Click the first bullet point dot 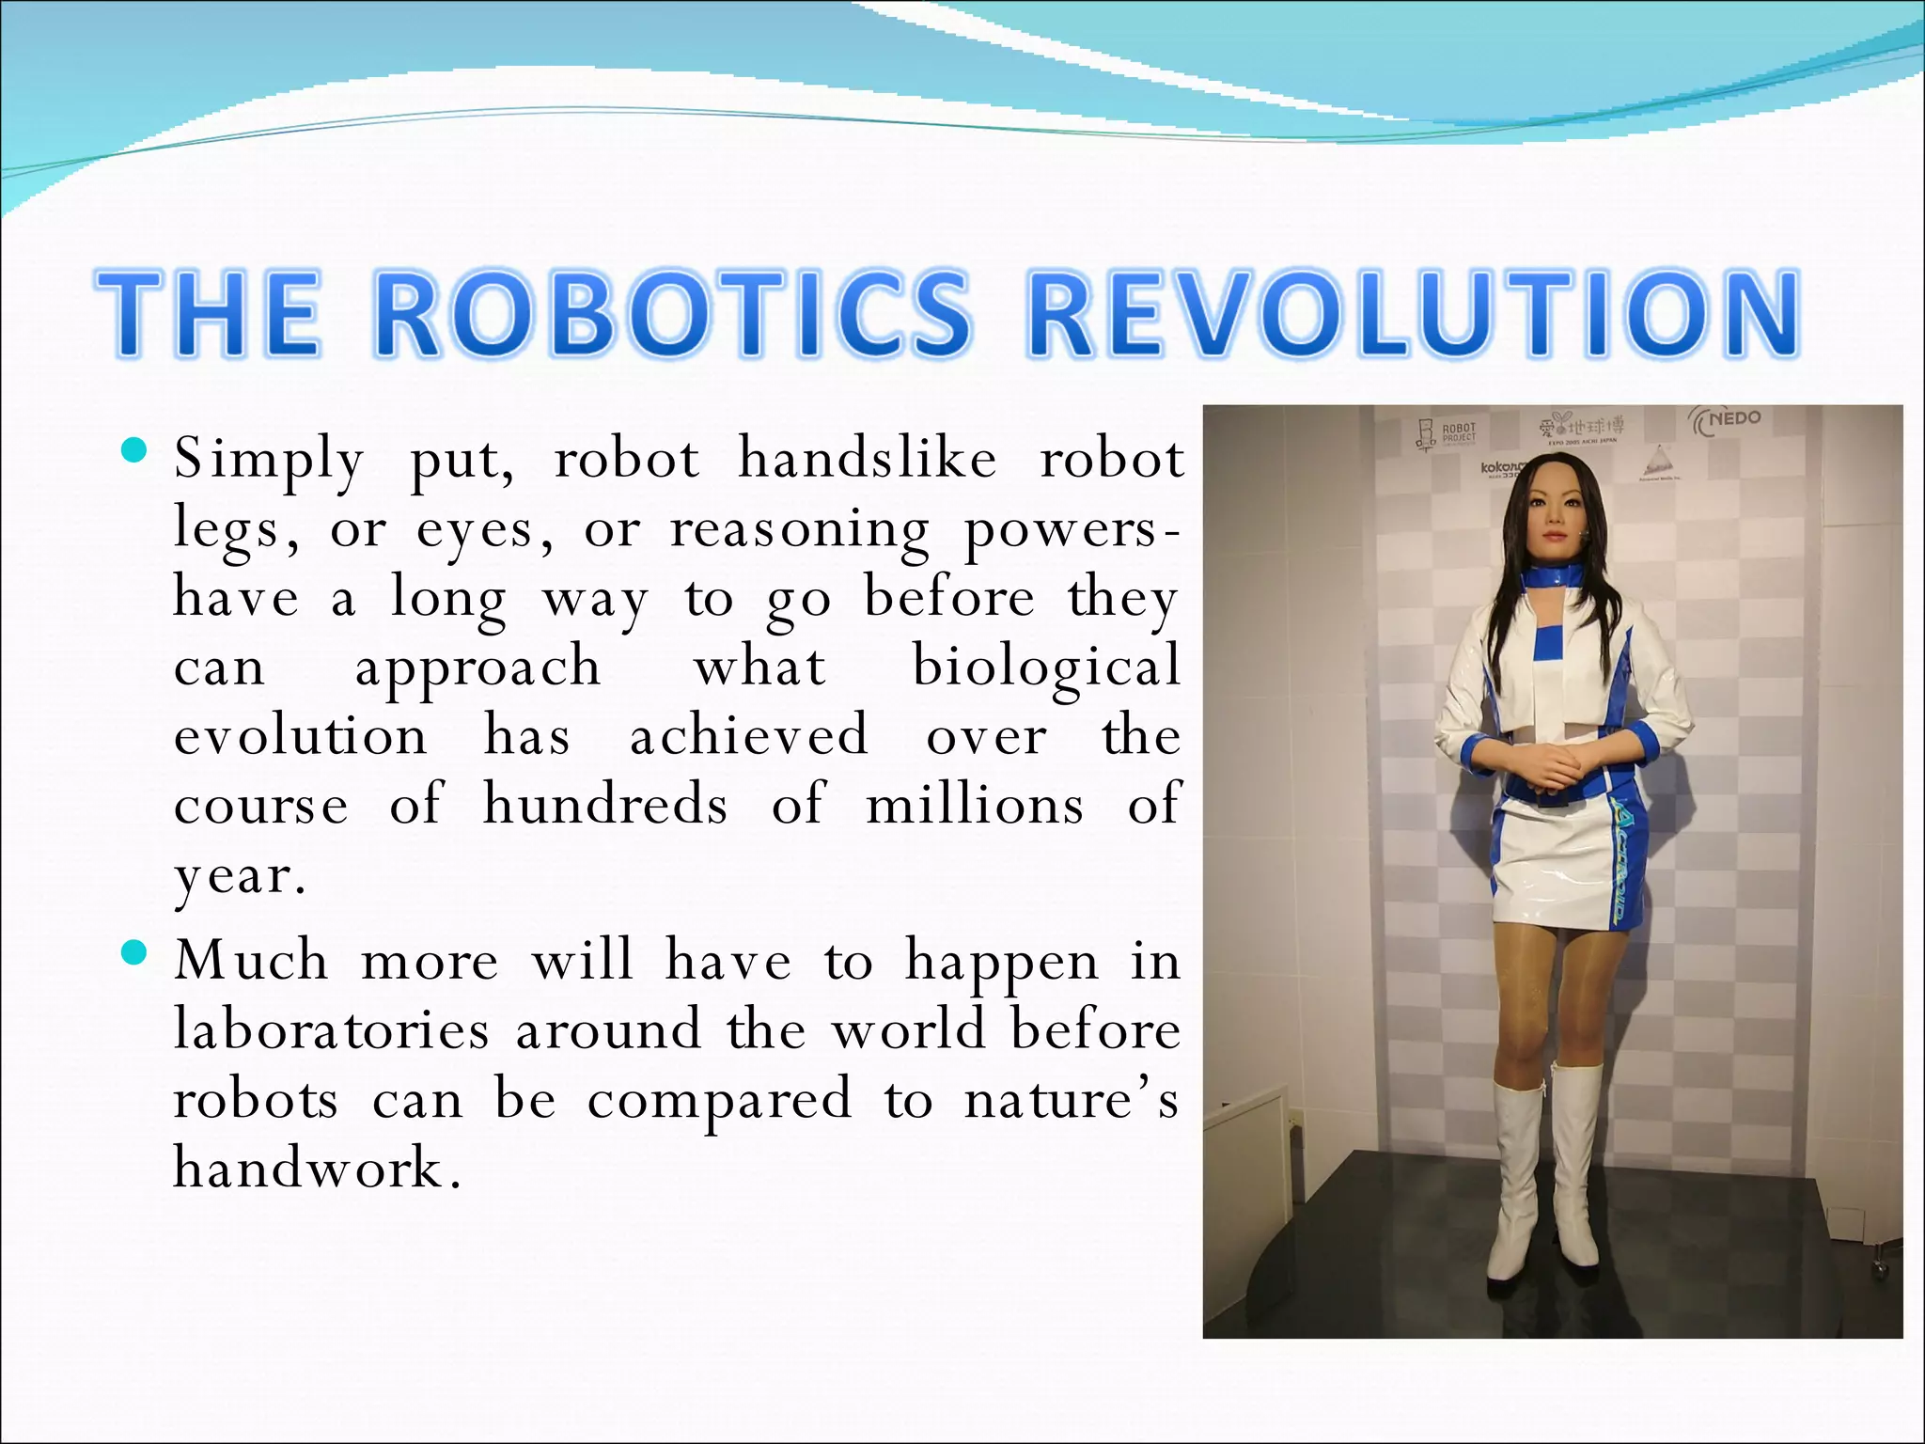click(135, 452)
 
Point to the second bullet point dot click(135, 954)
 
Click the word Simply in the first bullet click(269, 461)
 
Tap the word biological click(1046, 667)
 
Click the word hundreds click(605, 805)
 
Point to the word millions click(975, 805)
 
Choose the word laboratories click(331, 1029)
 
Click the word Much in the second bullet click(251, 961)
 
